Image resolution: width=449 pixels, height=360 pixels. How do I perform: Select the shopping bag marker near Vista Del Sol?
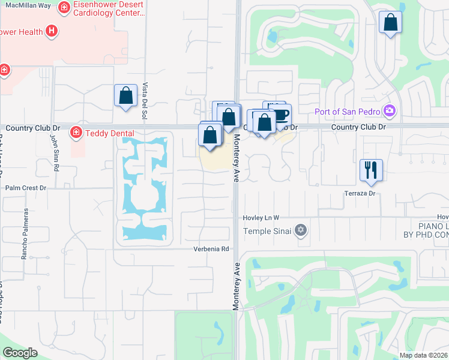point(125,95)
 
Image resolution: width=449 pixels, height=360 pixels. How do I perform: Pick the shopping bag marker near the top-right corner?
point(390,23)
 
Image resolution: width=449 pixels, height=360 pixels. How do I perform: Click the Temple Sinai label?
point(267,231)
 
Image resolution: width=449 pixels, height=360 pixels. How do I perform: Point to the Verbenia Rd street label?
point(211,249)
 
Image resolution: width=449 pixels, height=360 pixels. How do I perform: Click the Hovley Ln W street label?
point(261,218)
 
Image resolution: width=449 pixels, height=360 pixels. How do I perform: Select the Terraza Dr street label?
point(360,193)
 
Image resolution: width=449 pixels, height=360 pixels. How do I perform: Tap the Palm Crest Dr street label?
point(26,188)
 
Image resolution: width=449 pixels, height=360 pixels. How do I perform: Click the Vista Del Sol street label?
point(145,101)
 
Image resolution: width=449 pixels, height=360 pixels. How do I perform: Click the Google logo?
point(20,352)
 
